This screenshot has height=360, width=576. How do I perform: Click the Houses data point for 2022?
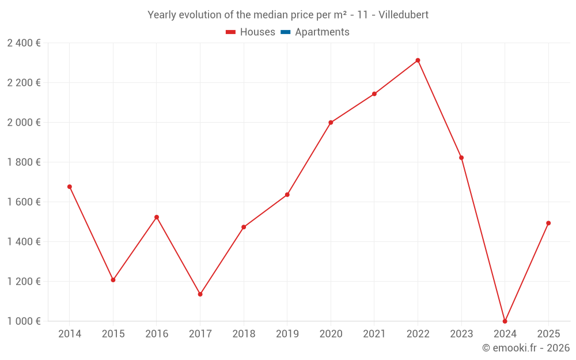tap(418, 60)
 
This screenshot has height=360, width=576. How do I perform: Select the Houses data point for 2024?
tap(505, 321)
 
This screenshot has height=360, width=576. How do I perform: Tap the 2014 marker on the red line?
tap(70, 187)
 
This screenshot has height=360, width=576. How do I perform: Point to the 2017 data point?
tap(200, 294)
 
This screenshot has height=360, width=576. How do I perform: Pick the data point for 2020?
tap(331, 123)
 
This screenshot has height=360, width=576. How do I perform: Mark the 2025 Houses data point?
tap(548, 223)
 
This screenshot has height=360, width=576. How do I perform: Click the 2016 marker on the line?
tap(157, 217)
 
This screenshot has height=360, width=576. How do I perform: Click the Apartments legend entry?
tap(321, 32)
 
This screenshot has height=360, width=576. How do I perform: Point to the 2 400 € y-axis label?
tap(24, 43)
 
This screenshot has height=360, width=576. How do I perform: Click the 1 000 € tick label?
tap(24, 321)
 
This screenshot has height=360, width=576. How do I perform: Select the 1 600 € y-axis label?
tap(24, 202)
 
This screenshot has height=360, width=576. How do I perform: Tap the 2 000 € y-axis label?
tap(24, 123)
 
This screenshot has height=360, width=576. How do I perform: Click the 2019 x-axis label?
tap(287, 334)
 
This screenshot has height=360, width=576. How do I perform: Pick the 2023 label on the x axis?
tap(461, 334)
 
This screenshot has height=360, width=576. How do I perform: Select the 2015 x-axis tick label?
tap(113, 334)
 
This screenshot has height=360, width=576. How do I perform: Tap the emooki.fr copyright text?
tap(525, 348)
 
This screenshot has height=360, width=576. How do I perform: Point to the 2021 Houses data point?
tap(374, 94)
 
